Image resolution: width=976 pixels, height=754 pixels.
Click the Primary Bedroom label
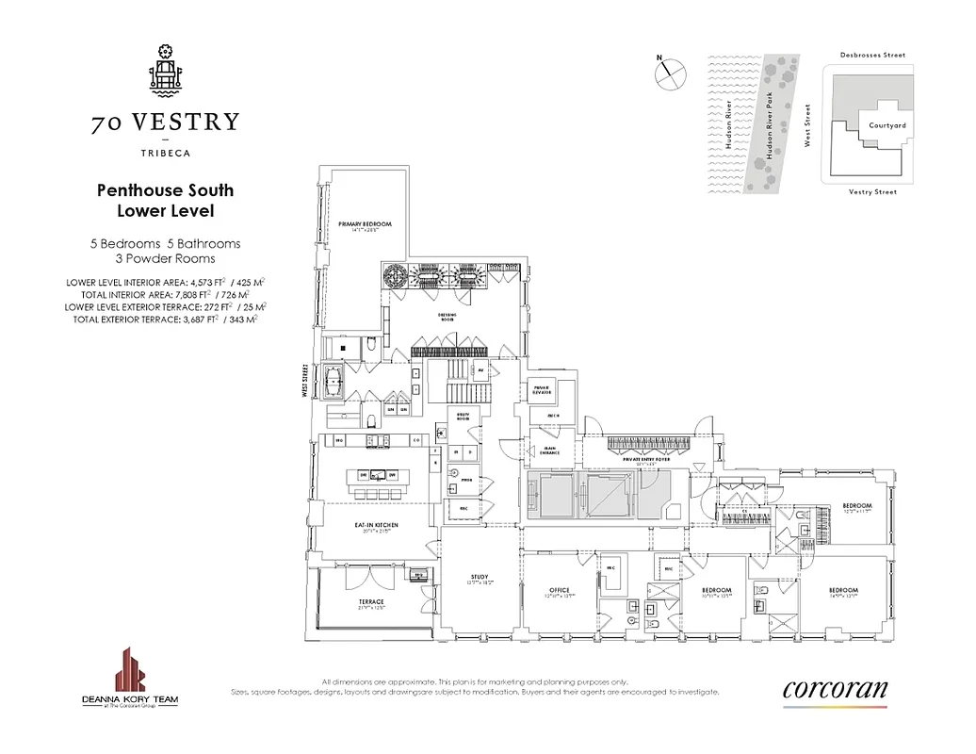[365, 225]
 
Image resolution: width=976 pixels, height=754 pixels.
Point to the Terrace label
[370, 602]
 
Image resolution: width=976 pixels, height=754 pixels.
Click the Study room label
[480, 578]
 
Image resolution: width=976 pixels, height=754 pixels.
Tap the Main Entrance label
[550, 451]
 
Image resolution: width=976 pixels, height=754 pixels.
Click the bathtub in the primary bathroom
[335, 384]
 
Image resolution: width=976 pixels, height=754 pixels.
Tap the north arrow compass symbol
[667, 72]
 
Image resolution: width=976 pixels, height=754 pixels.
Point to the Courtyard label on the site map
[887, 124]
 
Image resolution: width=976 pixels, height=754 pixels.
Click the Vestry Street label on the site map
[871, 191]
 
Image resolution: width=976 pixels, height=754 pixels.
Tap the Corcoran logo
[835, 689]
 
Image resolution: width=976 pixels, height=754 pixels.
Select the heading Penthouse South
[165, 189]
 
